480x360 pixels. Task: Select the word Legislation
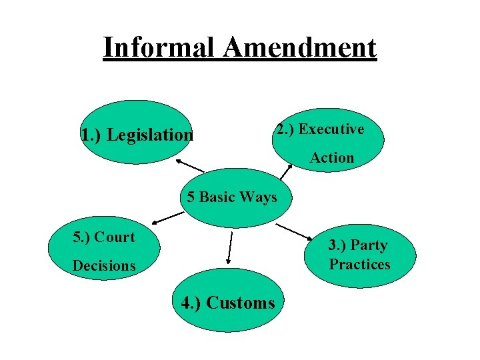(x=150, y=135)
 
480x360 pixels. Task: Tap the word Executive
(x=331, y=129)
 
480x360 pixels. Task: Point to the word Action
(x=331, y=158)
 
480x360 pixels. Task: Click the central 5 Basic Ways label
(x=231, y=197)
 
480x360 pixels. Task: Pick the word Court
(x=114, y=237)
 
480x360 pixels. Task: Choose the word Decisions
(x=104, y=265)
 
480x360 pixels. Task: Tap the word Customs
(x=241, y=303)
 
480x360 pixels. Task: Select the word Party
(x=369, y=245)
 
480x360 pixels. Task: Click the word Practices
(x=359, y=264)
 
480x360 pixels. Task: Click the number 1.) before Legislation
(x=91, y=135)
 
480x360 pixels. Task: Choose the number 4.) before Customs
(x=192, y=303)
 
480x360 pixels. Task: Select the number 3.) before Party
(x=337, y=245)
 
